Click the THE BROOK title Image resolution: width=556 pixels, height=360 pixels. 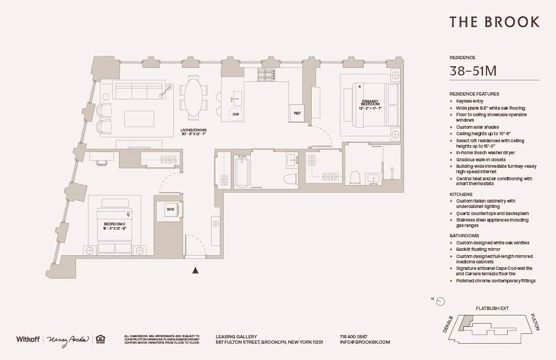[494, 22]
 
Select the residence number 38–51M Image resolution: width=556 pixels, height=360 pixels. [473, 71]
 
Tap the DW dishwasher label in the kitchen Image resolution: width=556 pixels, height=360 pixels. [236, 115]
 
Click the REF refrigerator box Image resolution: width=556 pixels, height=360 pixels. [296, 113]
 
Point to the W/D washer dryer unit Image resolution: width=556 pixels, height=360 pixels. [170, 209]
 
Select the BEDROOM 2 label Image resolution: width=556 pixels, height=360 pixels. [115, 225]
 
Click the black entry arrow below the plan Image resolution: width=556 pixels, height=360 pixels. [195, 269]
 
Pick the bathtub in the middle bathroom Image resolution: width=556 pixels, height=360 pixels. [242, 172]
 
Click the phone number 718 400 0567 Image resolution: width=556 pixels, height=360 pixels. [353, 337]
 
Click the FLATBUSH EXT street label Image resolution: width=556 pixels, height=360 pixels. [492, 308]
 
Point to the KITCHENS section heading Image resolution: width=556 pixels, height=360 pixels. [461, 194]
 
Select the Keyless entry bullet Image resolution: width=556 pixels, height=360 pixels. [470, 101]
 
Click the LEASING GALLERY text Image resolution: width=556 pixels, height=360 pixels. [236, 337]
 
